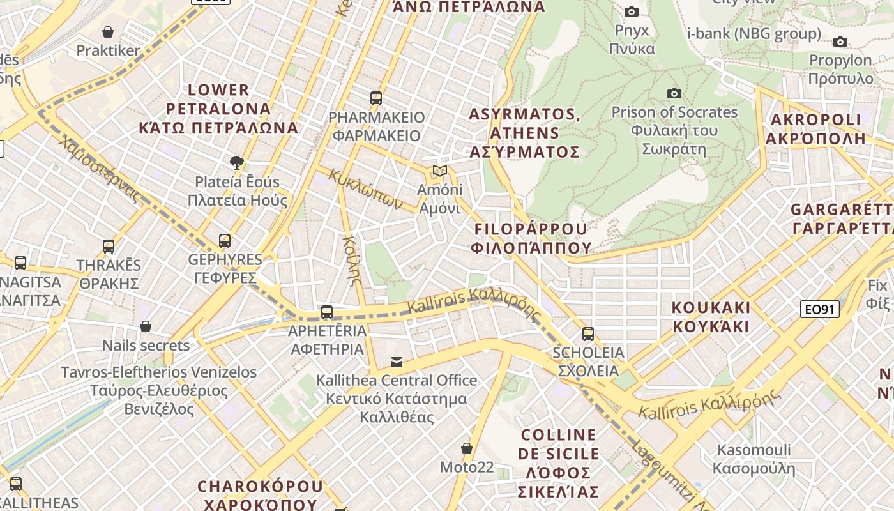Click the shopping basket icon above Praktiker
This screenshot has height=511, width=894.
[x=108, y=32]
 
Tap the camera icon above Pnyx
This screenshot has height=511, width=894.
[x=632, y=11]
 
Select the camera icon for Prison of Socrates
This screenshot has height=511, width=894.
[x=674, y=93]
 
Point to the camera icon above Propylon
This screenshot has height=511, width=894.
[x=840, y=42]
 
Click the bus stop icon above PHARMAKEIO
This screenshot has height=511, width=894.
[x=376, y=98]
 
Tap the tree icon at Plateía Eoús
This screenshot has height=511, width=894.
[x=237, y=162]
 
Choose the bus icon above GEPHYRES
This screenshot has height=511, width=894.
[x=225, y=241]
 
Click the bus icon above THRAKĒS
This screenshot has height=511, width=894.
[x=109, y=246]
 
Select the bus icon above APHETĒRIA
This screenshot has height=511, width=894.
[x=327, y=312]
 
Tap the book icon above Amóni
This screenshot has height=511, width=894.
[x=439, y=171]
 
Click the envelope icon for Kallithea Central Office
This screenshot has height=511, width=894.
[x=397, y=362]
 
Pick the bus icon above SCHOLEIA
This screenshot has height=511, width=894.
[x=588, y=333]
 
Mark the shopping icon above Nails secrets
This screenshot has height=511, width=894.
[x=146, y=326]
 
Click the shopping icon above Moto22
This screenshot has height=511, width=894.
[x=467, y=448]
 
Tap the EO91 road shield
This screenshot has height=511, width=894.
[x=819, y=310]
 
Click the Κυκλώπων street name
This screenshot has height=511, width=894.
[x=366, y=189]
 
